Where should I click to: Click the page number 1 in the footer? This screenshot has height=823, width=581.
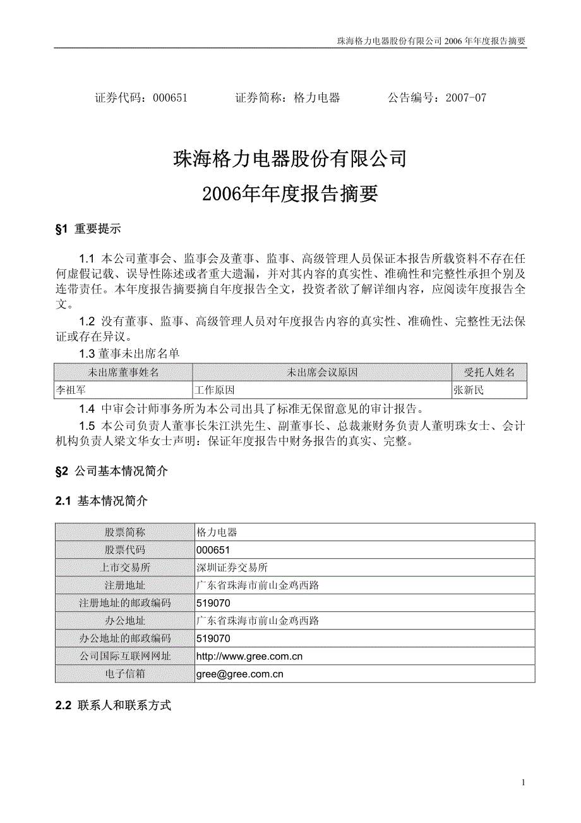524,783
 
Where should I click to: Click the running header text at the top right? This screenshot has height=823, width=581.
433,41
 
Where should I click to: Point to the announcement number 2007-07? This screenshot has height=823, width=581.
466,98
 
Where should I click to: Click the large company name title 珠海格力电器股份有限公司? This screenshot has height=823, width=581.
290,159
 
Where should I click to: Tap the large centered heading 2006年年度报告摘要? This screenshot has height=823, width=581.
290,194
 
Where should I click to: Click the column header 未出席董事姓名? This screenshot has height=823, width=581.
124,372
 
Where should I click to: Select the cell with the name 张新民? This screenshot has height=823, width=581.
469,390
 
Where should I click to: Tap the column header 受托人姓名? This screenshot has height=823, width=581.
489,372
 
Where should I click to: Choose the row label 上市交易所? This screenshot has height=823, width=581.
125,568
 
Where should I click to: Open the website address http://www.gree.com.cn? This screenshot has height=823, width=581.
249,656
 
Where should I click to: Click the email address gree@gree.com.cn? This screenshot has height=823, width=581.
240,674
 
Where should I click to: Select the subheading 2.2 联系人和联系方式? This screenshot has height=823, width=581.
113,705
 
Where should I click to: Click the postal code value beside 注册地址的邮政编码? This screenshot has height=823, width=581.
213,603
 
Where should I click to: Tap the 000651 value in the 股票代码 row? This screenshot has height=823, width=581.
213,550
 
